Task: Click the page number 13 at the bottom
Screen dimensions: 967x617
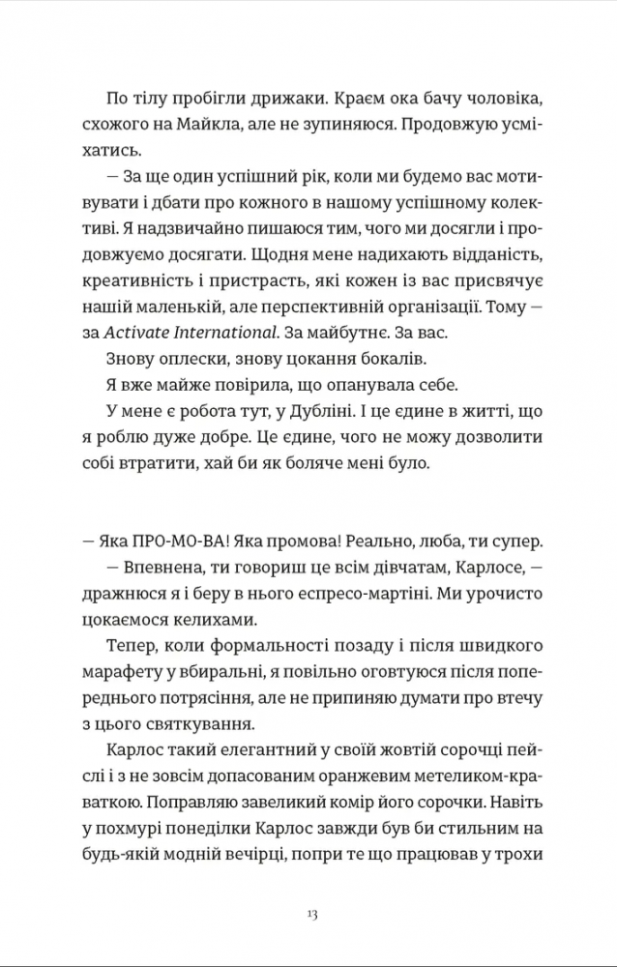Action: tap(310, 913)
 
